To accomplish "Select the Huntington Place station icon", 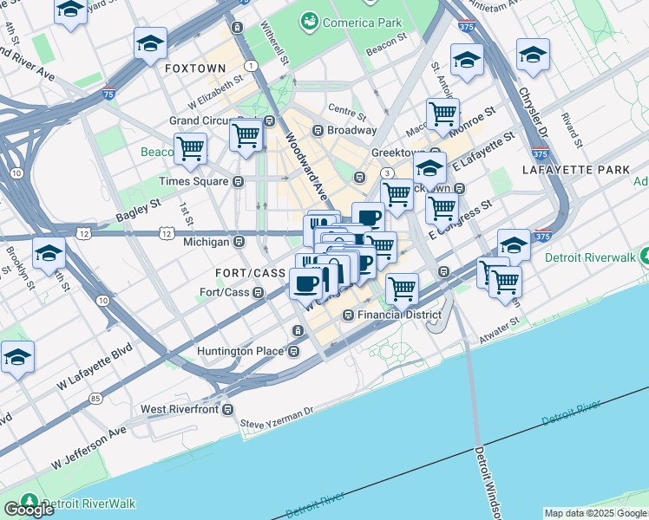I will (x=294, y=351).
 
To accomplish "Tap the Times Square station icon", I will (x=237, y=181).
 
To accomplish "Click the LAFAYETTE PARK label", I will (x=575, y=170).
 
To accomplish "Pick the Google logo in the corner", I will (x=28, y=509).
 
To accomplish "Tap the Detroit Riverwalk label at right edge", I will (x=590, y=257).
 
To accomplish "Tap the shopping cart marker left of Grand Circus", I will (x=190, y=148).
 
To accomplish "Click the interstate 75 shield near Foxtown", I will (x=108, y=94).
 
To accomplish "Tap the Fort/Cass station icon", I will (x=259, y=292).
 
